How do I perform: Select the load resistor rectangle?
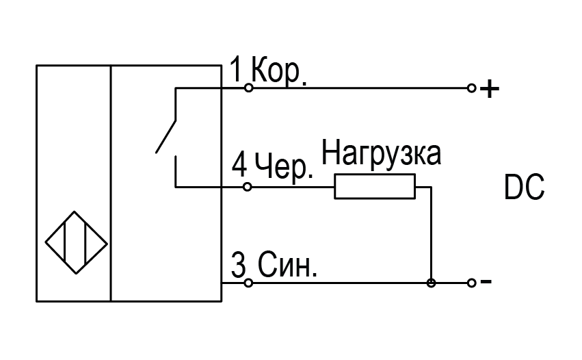click(x=375, y=186)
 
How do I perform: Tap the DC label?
click(x=524, y=188)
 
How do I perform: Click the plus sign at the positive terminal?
click(x=490, y=88)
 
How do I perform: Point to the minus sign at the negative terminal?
click(x=486, y=282)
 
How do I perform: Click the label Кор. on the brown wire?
click(x=279, y=71)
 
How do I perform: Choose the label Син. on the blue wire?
click(x=287, y=264)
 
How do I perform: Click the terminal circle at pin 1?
click(x=249, y=88)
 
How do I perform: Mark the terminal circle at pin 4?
click(x=248, y=186)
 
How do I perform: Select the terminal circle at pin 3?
click(x=248, y=283)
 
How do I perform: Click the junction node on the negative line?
click(x=431, y=283)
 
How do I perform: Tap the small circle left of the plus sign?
click(x=471, y=88)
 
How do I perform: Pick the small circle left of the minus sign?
click(x=471, y=283)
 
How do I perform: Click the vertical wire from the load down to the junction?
click(x=431, y=233)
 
